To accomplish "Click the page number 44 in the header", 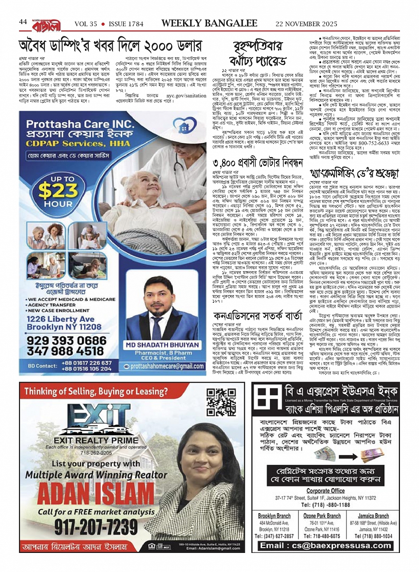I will [x=23, y=22].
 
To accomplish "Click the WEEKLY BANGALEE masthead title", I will [x=209, y=23].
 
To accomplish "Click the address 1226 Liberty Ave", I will [x=60, y=319].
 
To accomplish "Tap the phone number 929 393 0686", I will [x=67, y=340].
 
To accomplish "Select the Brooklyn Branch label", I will [x=274, y=516].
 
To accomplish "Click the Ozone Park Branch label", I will [x=322, y=516].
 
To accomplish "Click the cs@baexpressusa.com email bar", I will [x=326, y=545].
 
